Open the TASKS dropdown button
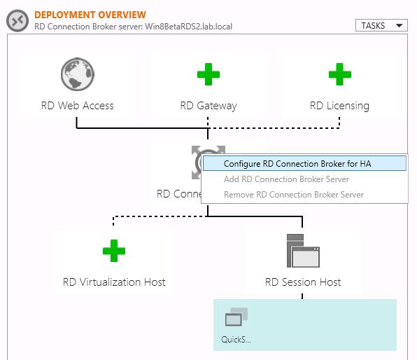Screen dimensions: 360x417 [381, 25]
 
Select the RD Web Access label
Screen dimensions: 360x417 [77, 106]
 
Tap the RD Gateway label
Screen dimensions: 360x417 [208, 106]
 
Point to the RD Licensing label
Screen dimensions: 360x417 [339, 106]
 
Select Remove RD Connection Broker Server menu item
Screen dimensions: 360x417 [294, 195]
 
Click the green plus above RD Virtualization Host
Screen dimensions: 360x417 [114, 251]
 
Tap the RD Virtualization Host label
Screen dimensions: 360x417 [114, 282]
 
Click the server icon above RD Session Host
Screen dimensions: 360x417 [303, 251]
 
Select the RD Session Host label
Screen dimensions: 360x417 [303, 282]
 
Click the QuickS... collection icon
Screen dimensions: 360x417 [236, 319]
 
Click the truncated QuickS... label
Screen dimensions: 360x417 [236, 340]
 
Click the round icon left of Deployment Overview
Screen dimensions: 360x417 [17, 20]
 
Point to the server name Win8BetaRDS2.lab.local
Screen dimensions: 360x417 [187, 27]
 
